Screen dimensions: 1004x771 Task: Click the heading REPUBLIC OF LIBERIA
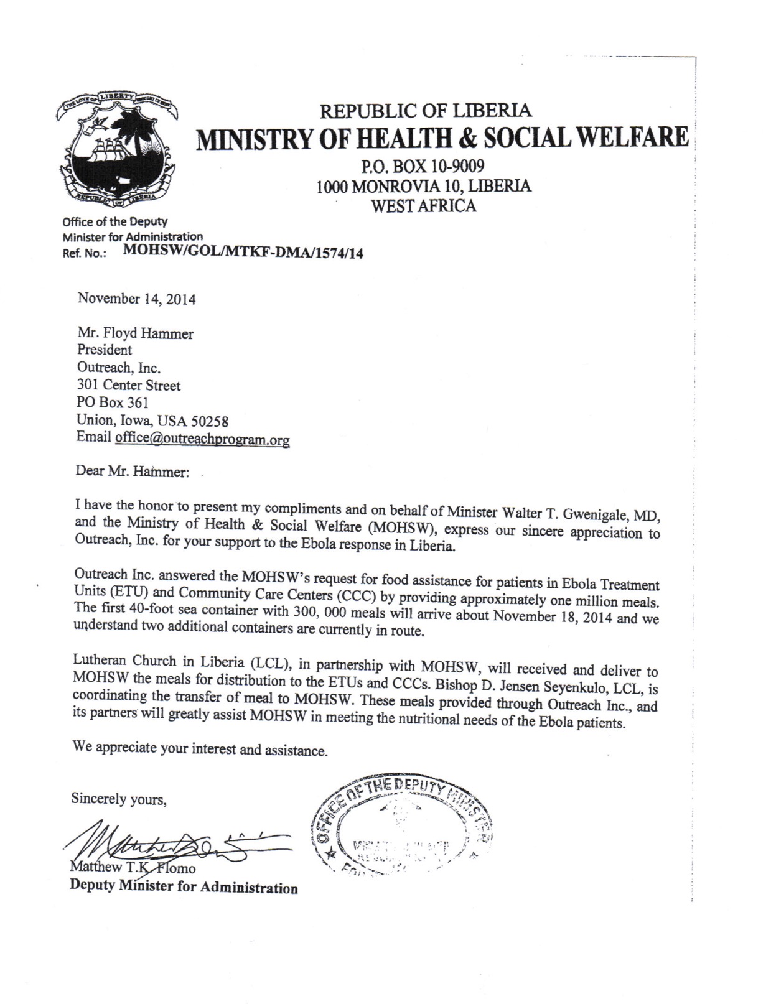pos(426,111)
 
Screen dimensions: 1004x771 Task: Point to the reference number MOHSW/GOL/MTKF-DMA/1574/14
pos(244,252)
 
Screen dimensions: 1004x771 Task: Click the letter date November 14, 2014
pos(136,299)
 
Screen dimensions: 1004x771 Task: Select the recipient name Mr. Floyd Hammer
pos(135,333)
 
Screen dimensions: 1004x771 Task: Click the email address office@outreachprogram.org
pos(202,439)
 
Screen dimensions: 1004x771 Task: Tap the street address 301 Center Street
pos(129,386)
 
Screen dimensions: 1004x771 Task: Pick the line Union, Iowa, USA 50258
pos(152,421)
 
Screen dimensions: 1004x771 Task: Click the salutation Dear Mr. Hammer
pos(132,472)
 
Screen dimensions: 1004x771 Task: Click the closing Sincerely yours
pos(119,799)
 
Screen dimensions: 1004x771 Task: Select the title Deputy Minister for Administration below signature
pos(184,886)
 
